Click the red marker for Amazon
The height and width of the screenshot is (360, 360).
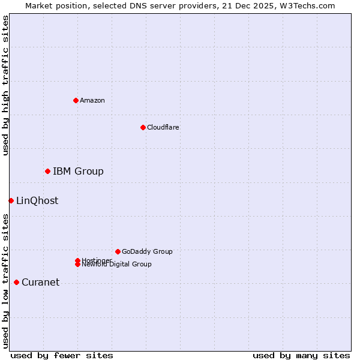(76, 100)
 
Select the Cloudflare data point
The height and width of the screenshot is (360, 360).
(143, 127)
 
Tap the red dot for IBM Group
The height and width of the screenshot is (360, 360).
(47, 172)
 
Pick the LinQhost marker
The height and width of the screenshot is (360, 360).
(11, 200)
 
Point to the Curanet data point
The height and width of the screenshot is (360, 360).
(16, 283)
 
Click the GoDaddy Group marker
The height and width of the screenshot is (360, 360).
(118, 251)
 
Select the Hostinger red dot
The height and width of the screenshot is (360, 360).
(77, 260)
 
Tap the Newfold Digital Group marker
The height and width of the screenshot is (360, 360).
(78, 265)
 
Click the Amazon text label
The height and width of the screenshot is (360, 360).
(92, 100)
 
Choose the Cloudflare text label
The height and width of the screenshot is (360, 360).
(163, 127)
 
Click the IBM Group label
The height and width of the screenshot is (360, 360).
(78, 172)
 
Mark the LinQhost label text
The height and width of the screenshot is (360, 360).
(37, 201)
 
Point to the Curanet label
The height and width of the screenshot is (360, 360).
(40, 283)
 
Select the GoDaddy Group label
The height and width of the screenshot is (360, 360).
(147, 251)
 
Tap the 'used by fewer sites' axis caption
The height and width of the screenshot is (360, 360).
(62, 355)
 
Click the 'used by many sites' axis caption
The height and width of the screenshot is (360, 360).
(301, 355)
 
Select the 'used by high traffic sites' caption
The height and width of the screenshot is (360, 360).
(5, 85)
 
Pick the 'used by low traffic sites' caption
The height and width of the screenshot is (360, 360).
(5, 281)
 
